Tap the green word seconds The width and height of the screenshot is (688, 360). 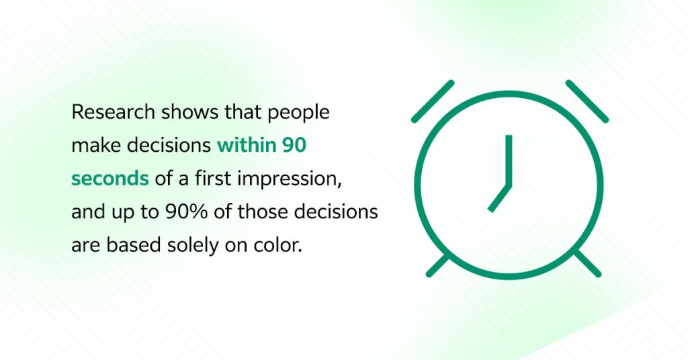110,178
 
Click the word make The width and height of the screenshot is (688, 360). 91,145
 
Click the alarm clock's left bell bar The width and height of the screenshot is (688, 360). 433,101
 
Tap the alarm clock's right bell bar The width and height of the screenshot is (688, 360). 587,101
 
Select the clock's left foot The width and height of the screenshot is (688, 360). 438,265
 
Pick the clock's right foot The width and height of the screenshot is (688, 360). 587,265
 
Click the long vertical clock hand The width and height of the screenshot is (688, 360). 509,159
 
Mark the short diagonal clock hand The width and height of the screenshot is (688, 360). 500,197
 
